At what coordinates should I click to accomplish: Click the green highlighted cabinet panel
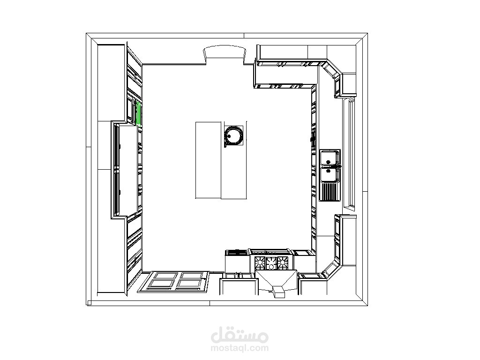pos(138,113)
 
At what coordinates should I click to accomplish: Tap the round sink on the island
pos(234,135)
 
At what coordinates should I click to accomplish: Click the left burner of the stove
pos(260,262)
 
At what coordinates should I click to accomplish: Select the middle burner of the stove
pos(271,263)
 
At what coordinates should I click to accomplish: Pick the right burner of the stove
pos(282,262)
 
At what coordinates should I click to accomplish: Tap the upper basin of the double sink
pos(330,157)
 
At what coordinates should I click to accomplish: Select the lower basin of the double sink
pos(330,174)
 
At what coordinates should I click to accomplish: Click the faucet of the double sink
pos(337,166)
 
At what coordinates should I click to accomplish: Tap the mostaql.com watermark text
pos(240,348)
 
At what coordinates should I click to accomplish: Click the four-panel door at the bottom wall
pos(173,282)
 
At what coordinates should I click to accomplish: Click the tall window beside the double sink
pos(350,153)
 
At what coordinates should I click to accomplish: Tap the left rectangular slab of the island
pos(208,160)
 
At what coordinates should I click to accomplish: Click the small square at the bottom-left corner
pos(89,303)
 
